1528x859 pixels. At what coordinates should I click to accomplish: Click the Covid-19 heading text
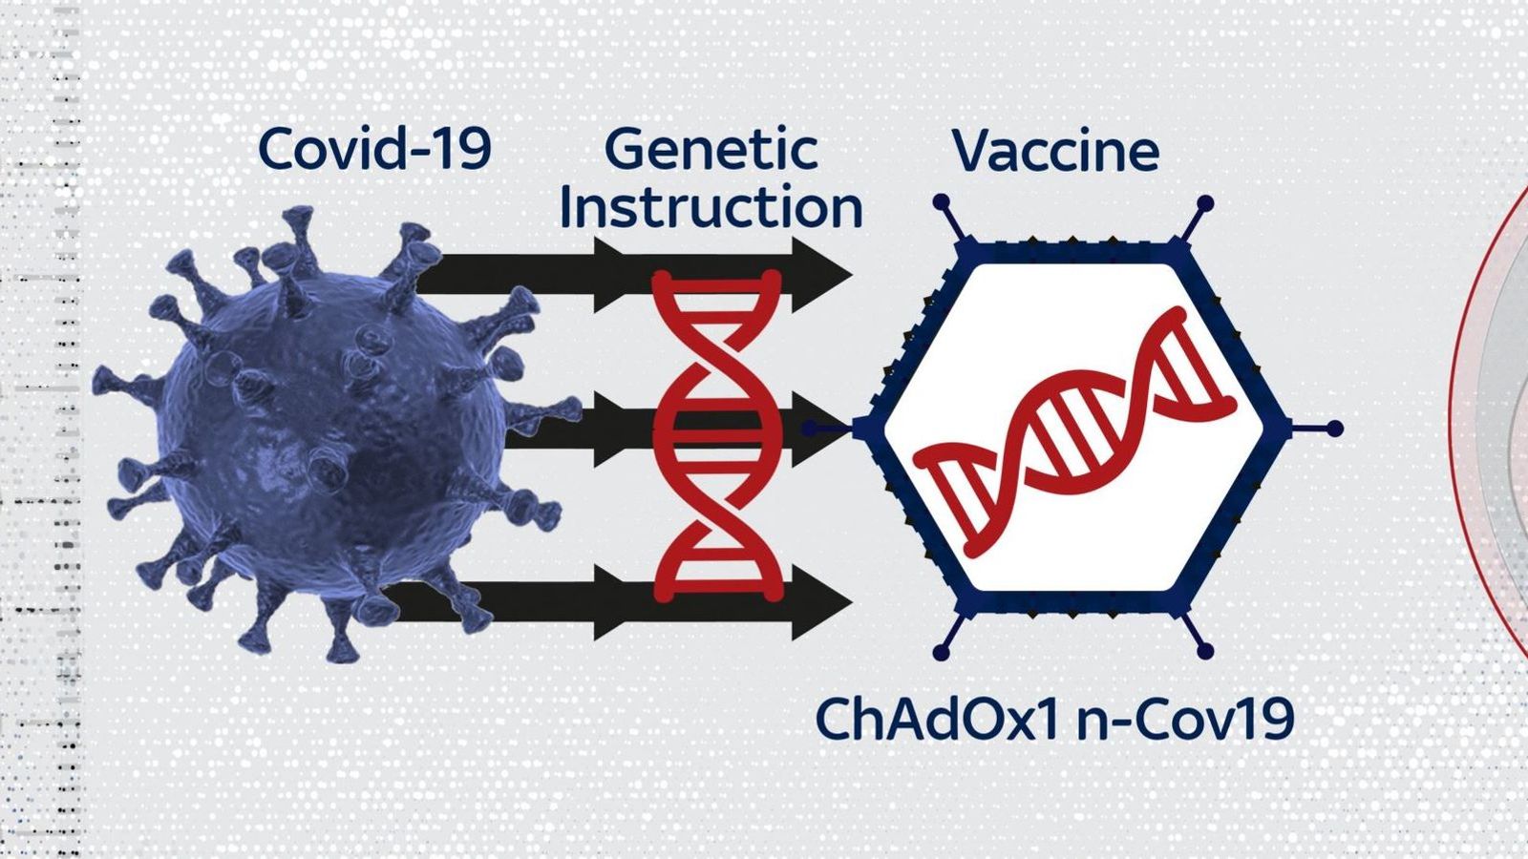pyautogui.click(x=374, y=149)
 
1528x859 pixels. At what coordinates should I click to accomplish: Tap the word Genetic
pyautogui.click(x=711, y=151)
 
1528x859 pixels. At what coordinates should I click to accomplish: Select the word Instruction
pyautogui.click(x=711, y=207)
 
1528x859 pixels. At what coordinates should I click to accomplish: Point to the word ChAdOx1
pyautogui.click(x=937, y=719)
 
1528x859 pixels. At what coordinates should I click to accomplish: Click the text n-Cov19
pyautogui.click(x=1185, y=719)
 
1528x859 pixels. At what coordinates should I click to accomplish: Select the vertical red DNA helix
pyautogui.click(x=716, y=436)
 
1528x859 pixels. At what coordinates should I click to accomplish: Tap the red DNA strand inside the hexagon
pyautogui.click(x=1074, y=433)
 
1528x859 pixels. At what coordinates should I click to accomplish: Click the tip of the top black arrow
pyautogui.click(x=852, y=275)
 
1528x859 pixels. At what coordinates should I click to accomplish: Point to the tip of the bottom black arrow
pyautogui.click(x=852, y=602)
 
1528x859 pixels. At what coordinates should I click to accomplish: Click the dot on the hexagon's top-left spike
pyautogui.click(x=942, y=201)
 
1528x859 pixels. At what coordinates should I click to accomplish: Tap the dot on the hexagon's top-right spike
pyautogui.click(x=1205, y=203)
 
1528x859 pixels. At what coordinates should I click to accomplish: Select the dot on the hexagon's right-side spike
pyautogui.click(x=1335, y=429)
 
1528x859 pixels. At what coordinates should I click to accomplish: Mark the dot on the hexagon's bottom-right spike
pyautogui.click(x=1205, y=650)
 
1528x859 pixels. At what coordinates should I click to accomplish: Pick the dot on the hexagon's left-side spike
pyautogui.click(x=809, y=429)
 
